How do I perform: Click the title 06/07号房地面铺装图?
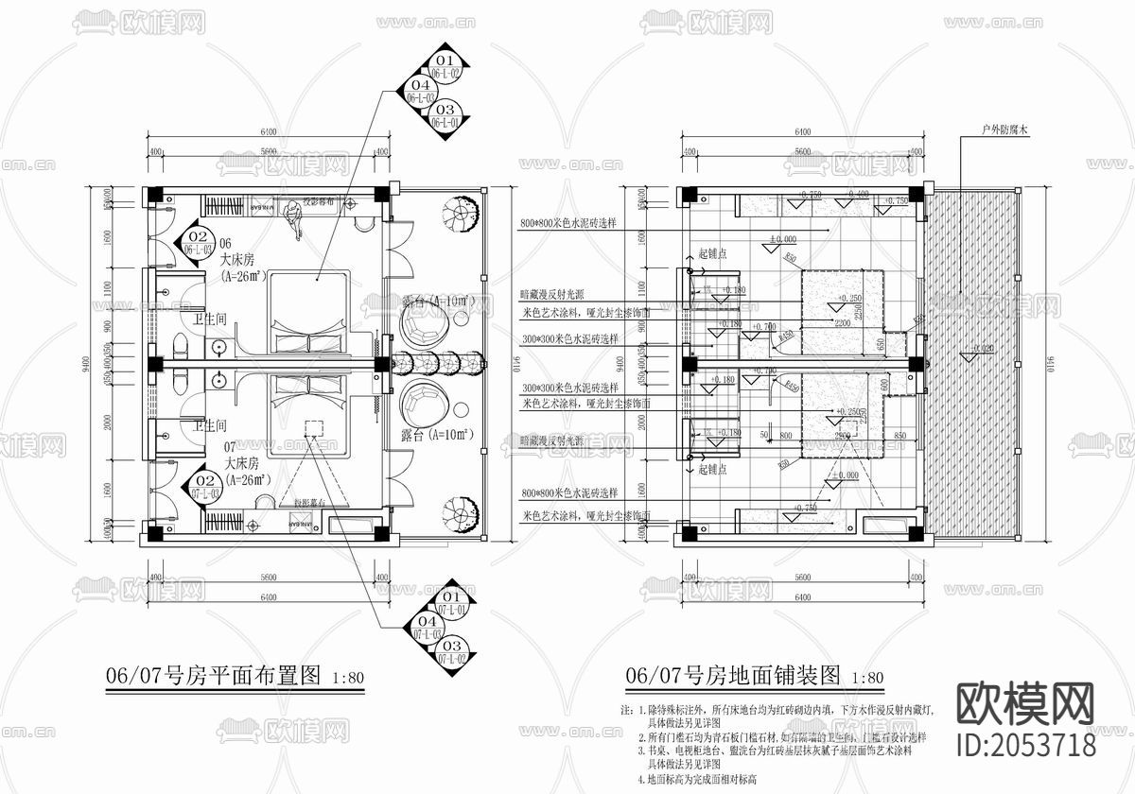tap(733, 676)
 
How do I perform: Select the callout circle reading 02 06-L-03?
tap(198, 241)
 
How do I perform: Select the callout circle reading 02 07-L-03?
tap(206, 486)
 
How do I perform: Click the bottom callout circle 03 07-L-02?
tap(447, 650)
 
